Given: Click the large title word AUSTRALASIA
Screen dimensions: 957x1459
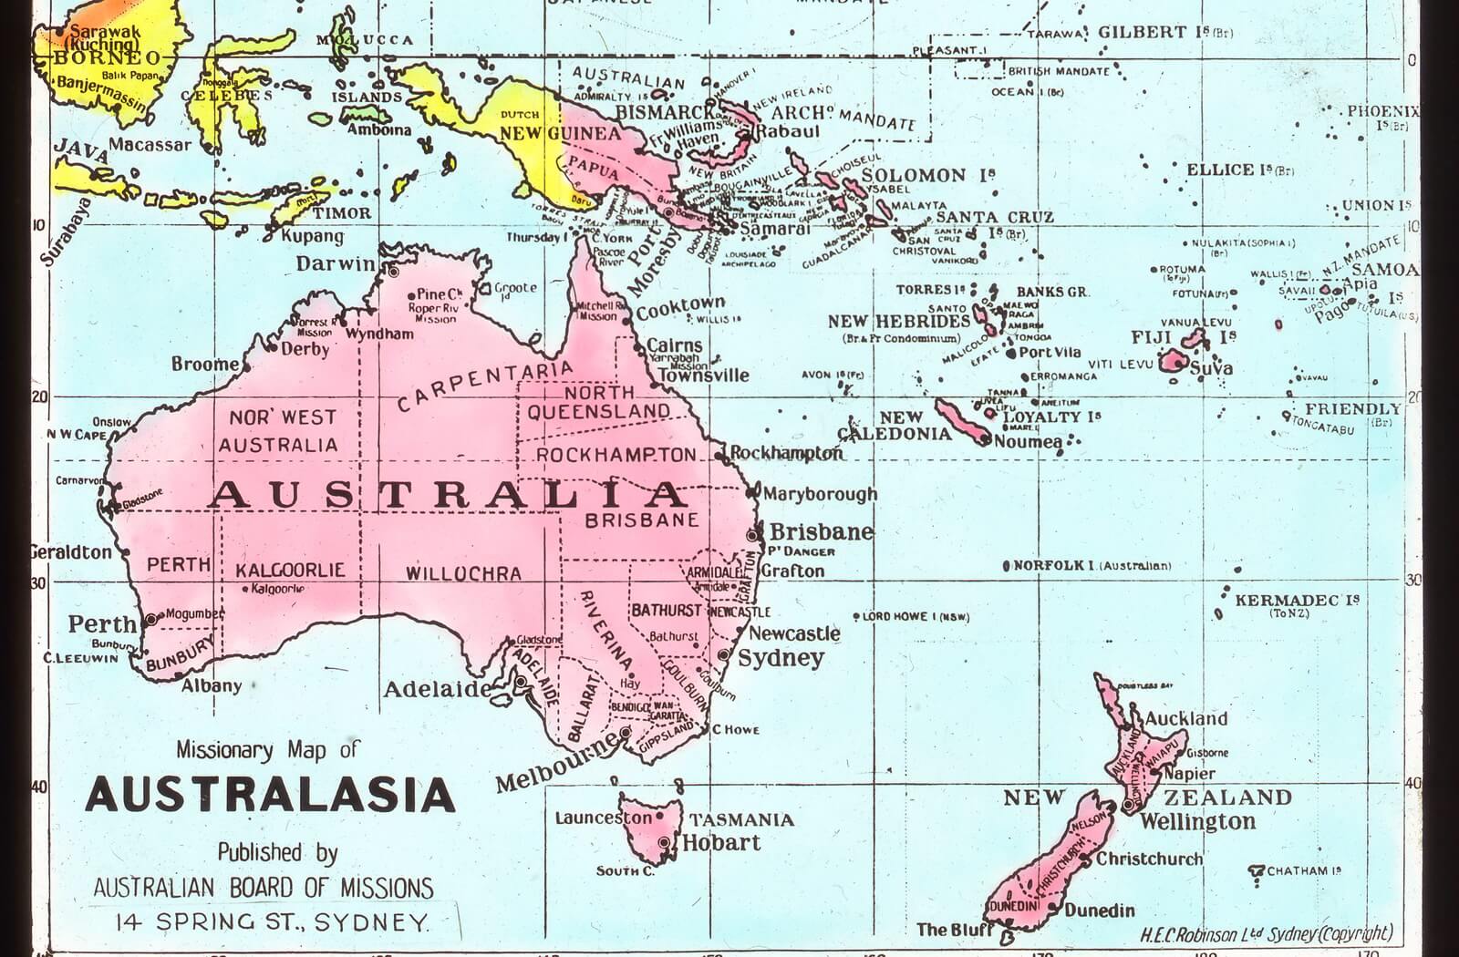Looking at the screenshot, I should click(271, 795).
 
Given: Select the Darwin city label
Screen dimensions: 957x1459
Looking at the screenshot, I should click(335, 264).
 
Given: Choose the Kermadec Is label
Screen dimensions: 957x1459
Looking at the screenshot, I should click(1296, 601).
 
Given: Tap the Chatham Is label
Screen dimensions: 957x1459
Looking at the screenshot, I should click(1303, 870).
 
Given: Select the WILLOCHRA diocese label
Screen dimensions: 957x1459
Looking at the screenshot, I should click(463, 574).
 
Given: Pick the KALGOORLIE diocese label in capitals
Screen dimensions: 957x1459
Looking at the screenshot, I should click(290, 571).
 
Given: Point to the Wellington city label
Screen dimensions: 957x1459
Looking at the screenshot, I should click(1196, 821).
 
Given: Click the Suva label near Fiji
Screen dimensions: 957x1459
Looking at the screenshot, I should click(1211, 368).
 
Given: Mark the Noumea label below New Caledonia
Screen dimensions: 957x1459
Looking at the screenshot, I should click(1028, 442).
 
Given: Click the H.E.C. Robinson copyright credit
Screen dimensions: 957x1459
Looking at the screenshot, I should click(1266, 934).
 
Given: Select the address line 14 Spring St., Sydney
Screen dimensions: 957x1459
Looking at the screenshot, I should click(272, 922).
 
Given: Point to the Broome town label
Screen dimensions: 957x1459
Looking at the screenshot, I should click(205, 365).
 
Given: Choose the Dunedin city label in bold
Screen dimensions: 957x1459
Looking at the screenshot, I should click(1099, 910).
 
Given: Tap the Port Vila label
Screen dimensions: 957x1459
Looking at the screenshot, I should click(1050, 353).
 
